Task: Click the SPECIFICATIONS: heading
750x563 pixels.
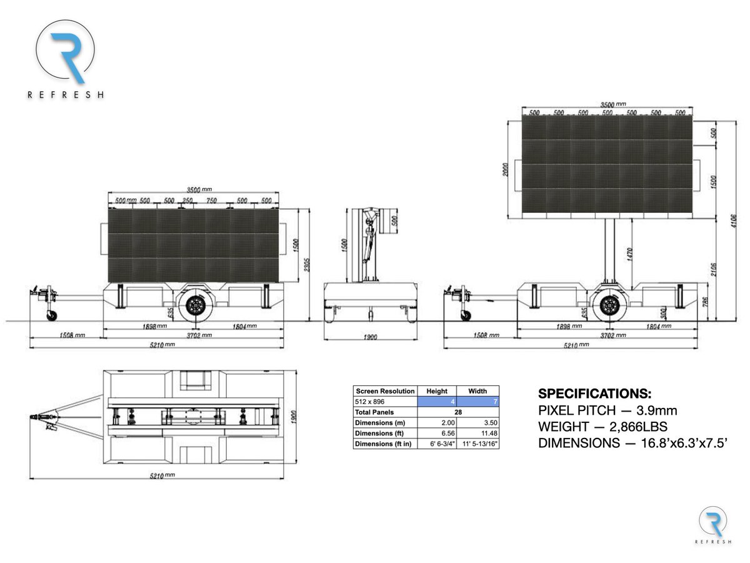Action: click(594, 394)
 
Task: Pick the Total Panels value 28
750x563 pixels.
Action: click(458, 412)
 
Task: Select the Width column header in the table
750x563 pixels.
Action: click(477, 391)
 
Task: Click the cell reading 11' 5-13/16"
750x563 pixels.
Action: click(478, 444)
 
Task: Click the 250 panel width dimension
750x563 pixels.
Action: click(187, 201)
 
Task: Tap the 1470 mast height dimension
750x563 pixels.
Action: click(631, 253)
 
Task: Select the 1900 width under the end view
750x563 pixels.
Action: click(369, 338)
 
